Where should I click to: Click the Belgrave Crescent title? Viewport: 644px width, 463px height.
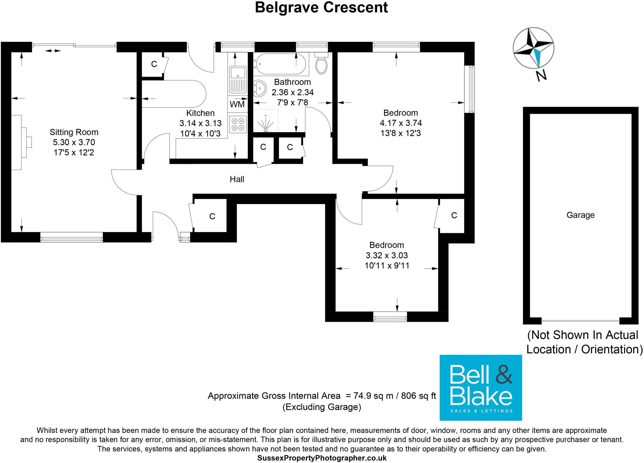pos(321,8)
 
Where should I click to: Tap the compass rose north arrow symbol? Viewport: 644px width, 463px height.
pos(533,48)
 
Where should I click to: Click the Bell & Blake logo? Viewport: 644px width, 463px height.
pos(480,388)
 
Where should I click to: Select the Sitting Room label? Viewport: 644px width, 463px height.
pos(74,132)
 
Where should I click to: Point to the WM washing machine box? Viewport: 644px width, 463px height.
pos(237,104)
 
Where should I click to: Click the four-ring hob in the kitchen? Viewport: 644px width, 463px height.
pos(238,124)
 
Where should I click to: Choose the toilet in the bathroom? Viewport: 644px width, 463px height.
pos(321,64)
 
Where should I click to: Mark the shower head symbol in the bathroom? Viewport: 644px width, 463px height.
pos(266,124)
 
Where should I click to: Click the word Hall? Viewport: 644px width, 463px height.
pos(237,179)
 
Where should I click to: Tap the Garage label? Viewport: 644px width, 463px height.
pos(580,215)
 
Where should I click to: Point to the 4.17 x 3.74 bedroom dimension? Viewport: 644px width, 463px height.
pos(401,123)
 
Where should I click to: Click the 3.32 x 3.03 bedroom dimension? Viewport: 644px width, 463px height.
pos(387,255)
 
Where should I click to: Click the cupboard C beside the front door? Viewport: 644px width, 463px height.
pos(212,216)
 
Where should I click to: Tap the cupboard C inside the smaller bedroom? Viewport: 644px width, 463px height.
pos(454,215)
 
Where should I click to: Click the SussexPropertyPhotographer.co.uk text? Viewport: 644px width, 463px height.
pos(322,458)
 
